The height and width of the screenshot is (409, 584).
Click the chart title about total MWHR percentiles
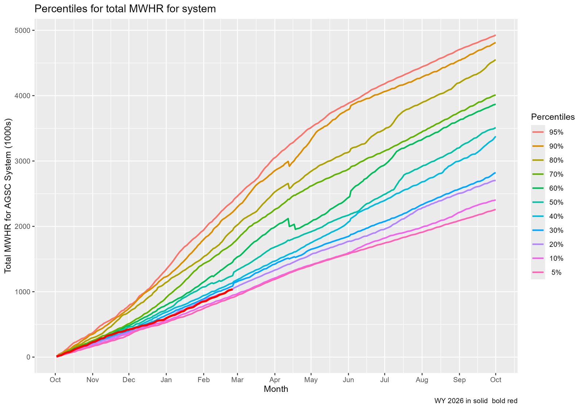pyautogui.click(x=125, y=9)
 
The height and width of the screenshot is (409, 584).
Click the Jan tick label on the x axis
pyautogui.click(x=166, y=380)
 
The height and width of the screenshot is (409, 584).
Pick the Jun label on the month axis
pyautogui.click(x=349, y=380)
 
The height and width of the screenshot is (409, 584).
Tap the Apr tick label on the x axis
pyautogui.click(x=275, y=380)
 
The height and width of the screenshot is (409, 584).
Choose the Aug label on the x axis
pyautogui.click(x=422, y=380)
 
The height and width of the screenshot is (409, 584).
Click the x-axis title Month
pyautogui.click(x=276, y=389)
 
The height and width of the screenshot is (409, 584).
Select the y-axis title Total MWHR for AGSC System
pyautogui.click(x=8, y=196)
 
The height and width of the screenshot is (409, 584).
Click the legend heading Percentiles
pyautogui.click(x=553, y=117)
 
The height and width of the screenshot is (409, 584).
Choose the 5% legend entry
pyautogui.click(x=556, y=272)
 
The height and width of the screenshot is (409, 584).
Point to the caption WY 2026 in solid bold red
pyautogui.click(x=476, y=401)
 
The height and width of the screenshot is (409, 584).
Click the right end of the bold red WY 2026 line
pyautogui.click(x=233, y=289)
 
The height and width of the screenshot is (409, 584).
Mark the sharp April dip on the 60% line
pyautogui.click(x=295, y=229)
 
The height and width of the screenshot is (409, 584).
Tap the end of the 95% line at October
pyautogui.click(x=495, y=35)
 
